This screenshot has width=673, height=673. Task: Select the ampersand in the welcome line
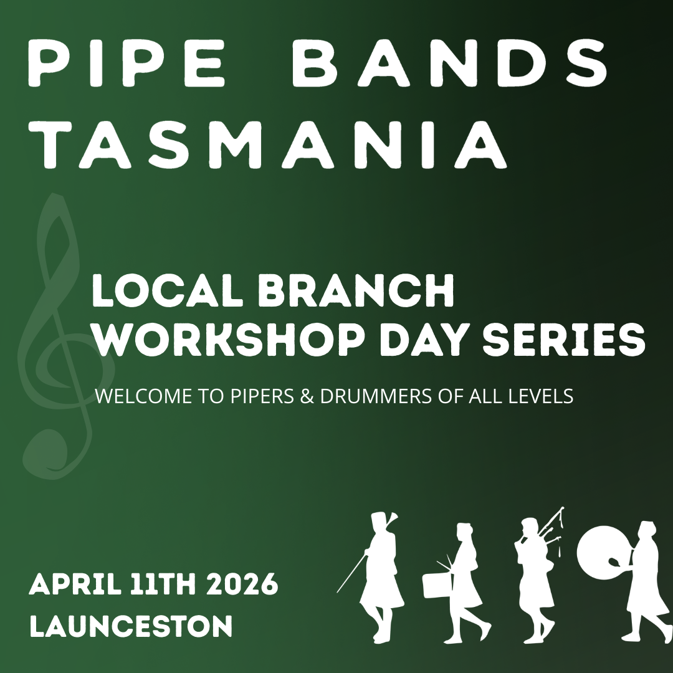click(307, 397)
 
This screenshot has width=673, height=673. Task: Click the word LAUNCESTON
click(131, 626)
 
